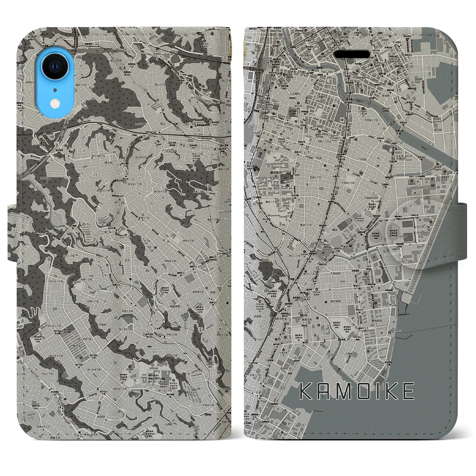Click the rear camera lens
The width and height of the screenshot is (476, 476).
pos(55,66)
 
